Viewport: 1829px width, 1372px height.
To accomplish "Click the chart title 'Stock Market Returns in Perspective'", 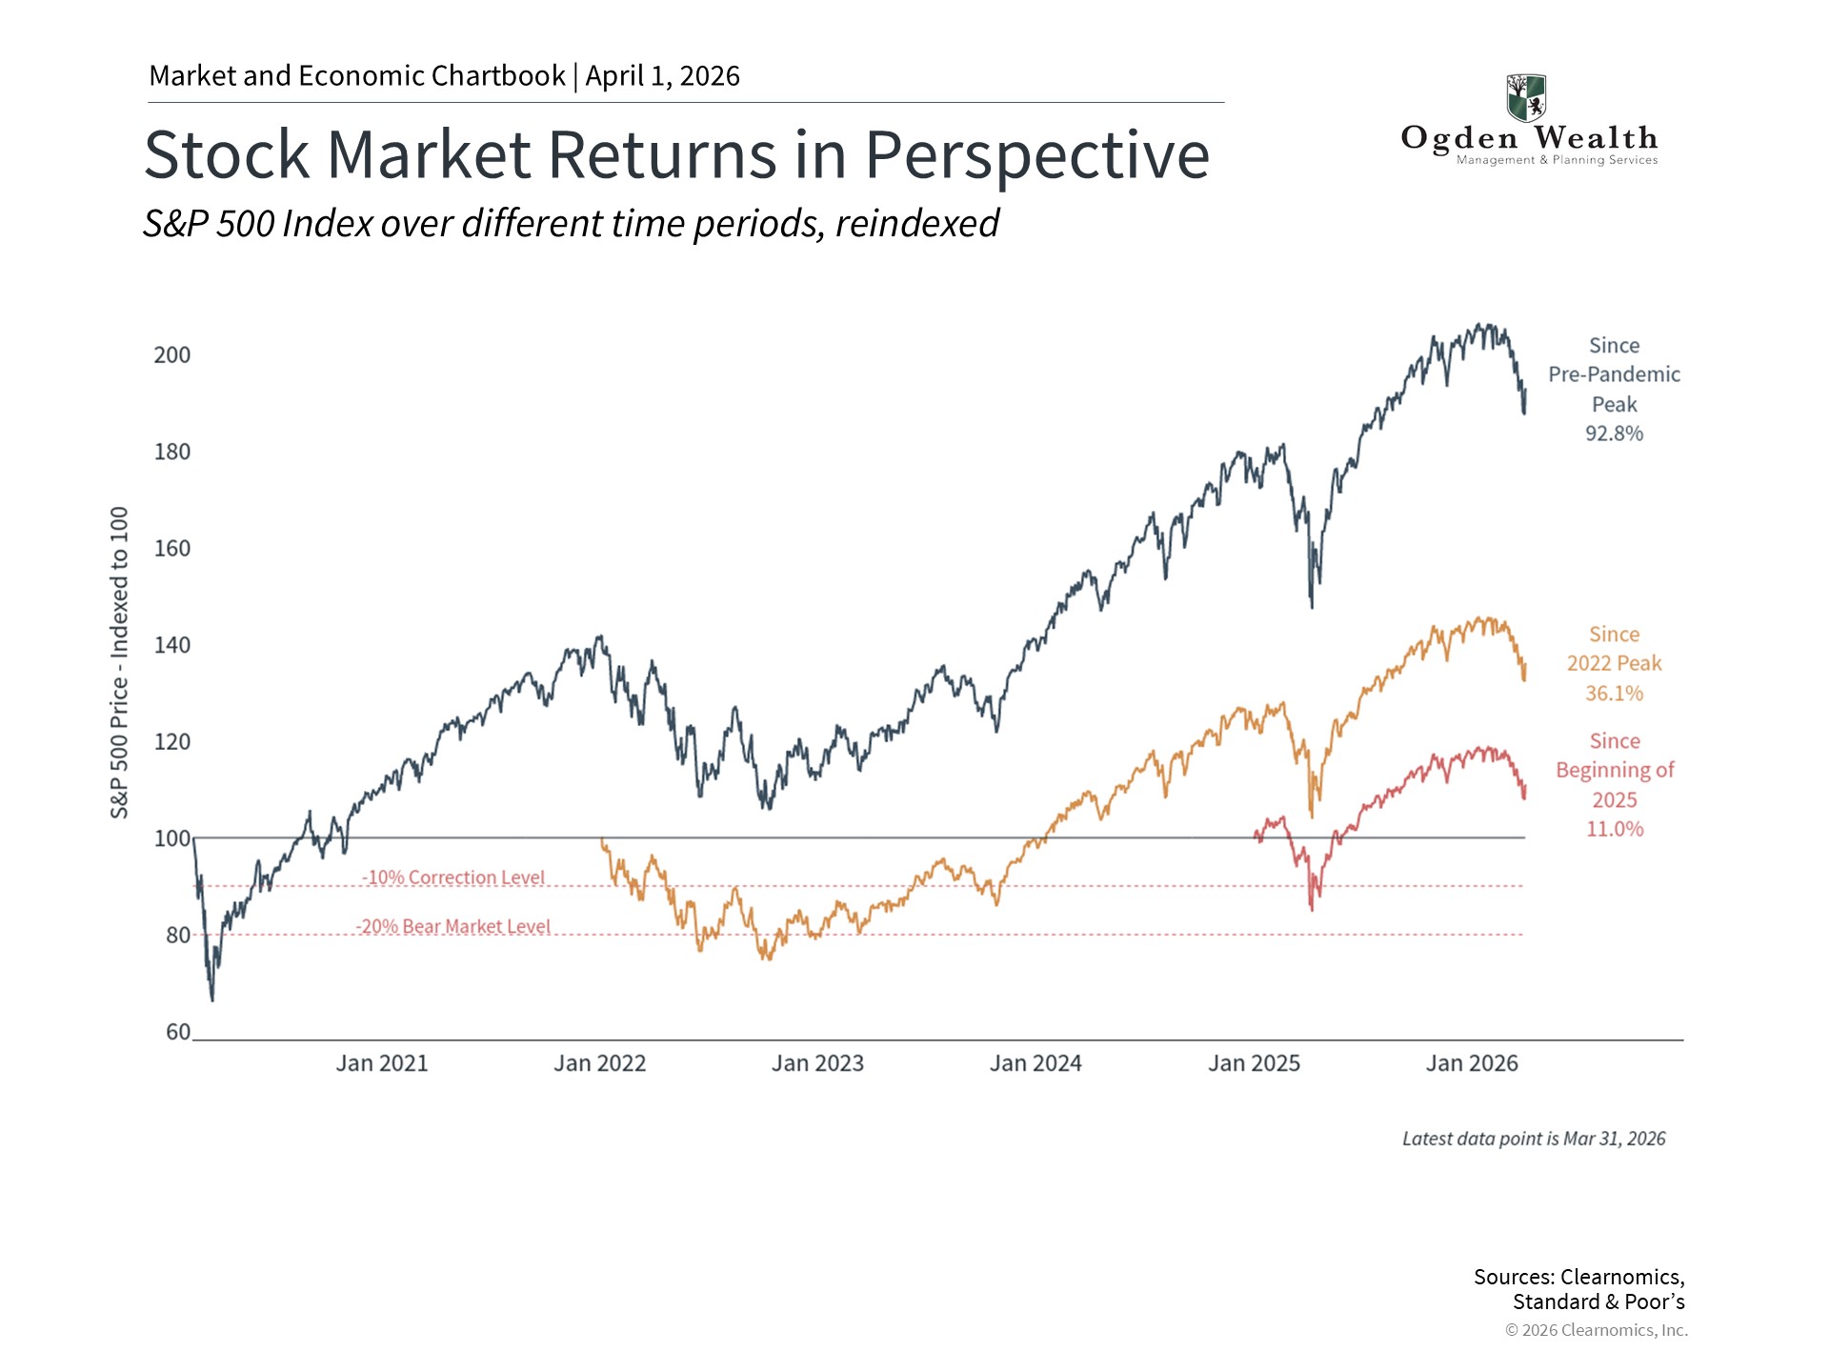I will (x=676, y=154).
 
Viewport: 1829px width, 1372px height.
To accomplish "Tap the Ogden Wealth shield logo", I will (x=1526, y=98).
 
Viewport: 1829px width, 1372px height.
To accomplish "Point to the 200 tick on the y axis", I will (x=172, y=355).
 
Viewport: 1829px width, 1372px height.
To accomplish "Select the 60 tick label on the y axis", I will (x=178, y=1032).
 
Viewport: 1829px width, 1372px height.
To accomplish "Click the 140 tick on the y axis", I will (x=172, y=645).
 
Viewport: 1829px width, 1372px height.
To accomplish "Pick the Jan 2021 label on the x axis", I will (x=382, y=1063).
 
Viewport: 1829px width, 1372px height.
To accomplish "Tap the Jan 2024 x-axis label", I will (x=1035, y=1063).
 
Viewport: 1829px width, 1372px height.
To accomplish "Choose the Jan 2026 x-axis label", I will (x=1472, y=1063).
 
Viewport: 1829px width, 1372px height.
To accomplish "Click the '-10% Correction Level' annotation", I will (x=453, y=878).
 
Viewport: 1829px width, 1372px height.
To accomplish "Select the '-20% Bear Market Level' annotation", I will (x=453, y=926).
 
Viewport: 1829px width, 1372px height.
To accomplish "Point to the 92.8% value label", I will (x=1615, y=434).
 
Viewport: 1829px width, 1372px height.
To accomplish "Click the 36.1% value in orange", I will (x=1615, y=694).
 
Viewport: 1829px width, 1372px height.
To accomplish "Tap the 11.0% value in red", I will (x=1615, y=829).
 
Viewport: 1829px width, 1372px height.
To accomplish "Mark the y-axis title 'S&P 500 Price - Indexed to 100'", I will (x=119, y=662).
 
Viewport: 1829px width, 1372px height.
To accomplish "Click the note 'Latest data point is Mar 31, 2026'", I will (x=1534, y=1139).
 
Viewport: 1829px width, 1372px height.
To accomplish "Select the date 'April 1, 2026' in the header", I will (x=663, y=76).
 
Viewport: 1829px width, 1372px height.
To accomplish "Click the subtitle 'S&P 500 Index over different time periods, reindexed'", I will (x=571, y=224).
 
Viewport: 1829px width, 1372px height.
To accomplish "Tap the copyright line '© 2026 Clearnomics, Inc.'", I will (x=1597, y=1330).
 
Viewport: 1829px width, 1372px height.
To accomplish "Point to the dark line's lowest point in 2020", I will (x=212, y=999).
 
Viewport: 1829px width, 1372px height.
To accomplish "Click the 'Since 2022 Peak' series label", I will (x=1615, y=649).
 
